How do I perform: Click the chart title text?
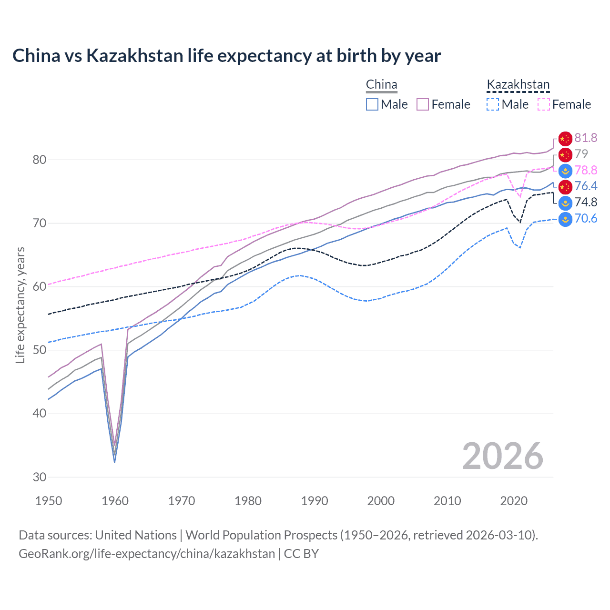(226, 56)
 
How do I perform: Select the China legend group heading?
(381, 85)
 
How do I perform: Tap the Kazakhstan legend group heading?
(518, 85)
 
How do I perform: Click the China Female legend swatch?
(423, 104)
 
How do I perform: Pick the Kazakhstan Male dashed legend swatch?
(493, 104)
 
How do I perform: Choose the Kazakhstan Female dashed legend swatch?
(544, 104)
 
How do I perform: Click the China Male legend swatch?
(372, 104)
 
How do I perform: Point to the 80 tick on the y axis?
(39, 160)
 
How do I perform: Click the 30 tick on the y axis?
(39, 477)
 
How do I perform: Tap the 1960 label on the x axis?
(115, 501)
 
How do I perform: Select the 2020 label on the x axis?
(514, 501)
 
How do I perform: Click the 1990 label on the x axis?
(315, 501)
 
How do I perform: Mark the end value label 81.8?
(586, 138)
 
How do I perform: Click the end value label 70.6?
(586, 219)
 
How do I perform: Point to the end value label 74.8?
(586, 203)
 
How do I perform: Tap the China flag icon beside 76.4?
(565, 186)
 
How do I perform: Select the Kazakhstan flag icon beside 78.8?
(565, 171)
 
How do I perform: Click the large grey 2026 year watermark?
(502, 457)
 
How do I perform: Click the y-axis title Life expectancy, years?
(20, 305)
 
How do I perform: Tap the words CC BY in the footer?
(301, 554)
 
